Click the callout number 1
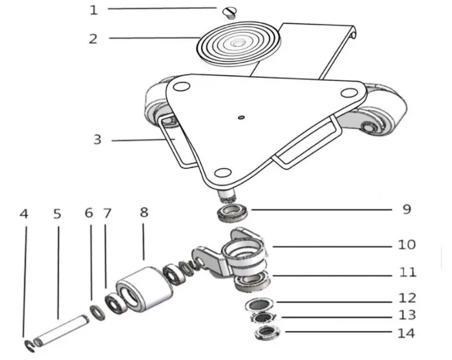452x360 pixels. [x=93, y=10]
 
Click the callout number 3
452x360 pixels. [x=97, y=140]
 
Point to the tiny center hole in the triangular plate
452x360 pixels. [x=240, y=117]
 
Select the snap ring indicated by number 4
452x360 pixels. [x=29, y=344]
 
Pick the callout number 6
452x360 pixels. [x=89, y=213]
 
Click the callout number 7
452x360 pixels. [x=108, y=213]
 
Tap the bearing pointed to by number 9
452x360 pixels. [x=233, y=213]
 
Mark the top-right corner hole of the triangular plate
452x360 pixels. [x=347, y=93]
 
